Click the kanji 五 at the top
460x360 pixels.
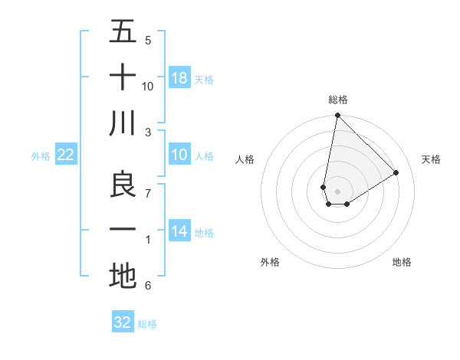point(123,31)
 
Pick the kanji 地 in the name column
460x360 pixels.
point(123,276)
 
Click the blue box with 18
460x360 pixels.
point(179,78)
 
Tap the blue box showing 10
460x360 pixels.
point(179,155)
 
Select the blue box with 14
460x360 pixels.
point(179,232)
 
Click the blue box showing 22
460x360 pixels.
point(65,155)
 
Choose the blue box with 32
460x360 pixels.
point(123,322)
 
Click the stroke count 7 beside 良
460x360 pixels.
point(148,192)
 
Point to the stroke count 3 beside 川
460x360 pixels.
point(148,131)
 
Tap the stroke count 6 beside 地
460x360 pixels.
point(148,286)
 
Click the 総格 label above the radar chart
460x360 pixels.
point(337,100)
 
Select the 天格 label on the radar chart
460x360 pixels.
point(432,159)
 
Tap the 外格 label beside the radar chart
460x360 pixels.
point(270,262)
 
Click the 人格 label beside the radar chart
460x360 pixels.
point(245,159)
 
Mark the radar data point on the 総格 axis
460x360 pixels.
point(337,116)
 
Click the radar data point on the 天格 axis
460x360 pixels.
point(396,172)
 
